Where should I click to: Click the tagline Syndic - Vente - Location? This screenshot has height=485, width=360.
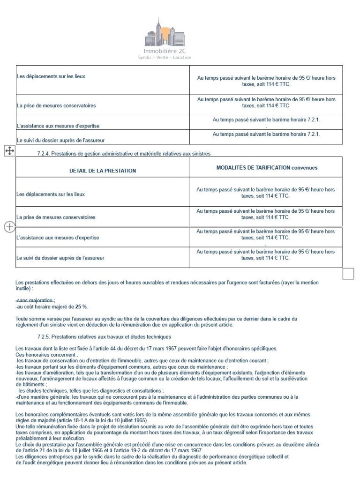[x=168, y=58]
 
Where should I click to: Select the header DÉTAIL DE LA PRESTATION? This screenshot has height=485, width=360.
[x=103, y=171]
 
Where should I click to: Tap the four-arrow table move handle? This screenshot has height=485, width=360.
[x=10, y=150]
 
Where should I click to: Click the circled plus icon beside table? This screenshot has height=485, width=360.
[x=9, y=227]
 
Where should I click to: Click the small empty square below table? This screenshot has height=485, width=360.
[x=348, y=273]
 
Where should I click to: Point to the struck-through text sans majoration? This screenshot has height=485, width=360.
[x=35, y=300]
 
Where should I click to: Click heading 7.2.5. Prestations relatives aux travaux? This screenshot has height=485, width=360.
[x=101, y=336]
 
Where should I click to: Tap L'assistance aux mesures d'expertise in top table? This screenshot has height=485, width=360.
[x=58, y=126]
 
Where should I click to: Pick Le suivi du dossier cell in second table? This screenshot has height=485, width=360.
[x=60, y=258]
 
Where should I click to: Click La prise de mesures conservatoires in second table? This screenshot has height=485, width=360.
[x=56, y=217]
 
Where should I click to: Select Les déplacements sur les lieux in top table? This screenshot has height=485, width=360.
[x=51, y=76]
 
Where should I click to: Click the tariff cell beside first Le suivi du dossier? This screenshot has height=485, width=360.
[x=266, y=134]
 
